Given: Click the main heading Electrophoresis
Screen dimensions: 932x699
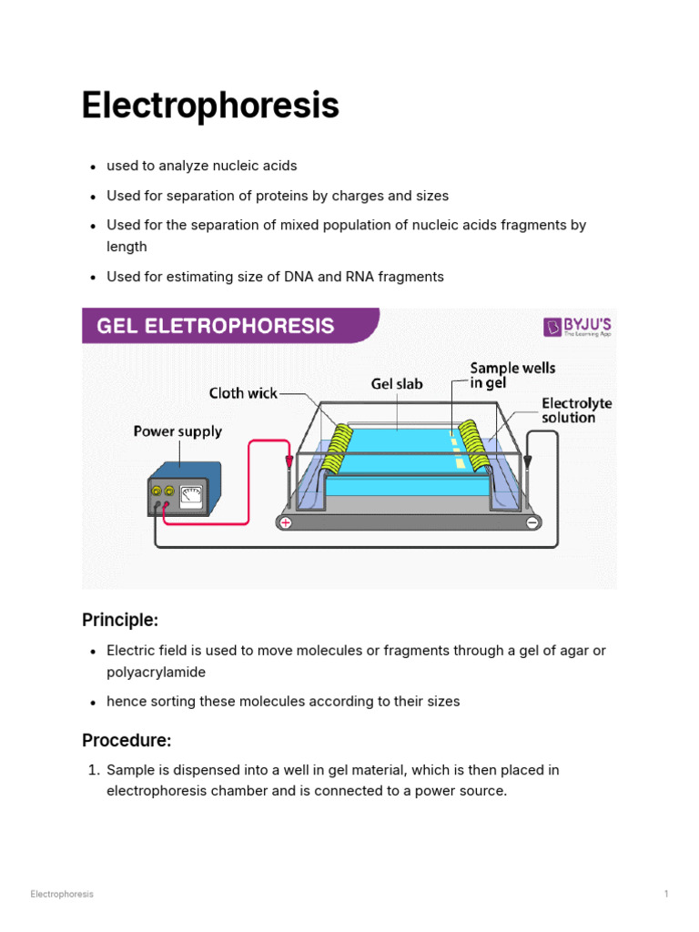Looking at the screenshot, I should tap(210, 106).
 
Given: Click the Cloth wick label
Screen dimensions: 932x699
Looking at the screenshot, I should tap(243, 394).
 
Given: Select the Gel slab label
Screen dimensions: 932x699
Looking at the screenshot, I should tap(397, 384).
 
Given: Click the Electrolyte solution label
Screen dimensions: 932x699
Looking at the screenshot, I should tap(577, 410).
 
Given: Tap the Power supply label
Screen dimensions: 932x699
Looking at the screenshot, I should tap(177, 431).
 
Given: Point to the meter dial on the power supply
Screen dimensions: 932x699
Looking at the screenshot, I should tap(191, 494).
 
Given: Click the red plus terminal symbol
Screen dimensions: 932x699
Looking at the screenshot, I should tap(285, 523).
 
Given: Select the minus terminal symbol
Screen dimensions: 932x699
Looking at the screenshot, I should tap(532, 522).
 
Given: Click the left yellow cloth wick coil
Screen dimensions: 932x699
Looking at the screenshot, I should tap(339, 449).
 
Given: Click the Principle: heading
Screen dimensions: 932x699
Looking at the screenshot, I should tap(120, 620).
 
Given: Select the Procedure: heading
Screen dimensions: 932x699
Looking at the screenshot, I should tap(127, 740).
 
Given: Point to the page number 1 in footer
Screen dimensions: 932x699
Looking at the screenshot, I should tap(666, 894).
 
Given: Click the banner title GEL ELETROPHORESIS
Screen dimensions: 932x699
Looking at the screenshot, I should tap(216, 326).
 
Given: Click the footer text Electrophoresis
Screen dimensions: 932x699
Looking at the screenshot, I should tap(62, 894).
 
